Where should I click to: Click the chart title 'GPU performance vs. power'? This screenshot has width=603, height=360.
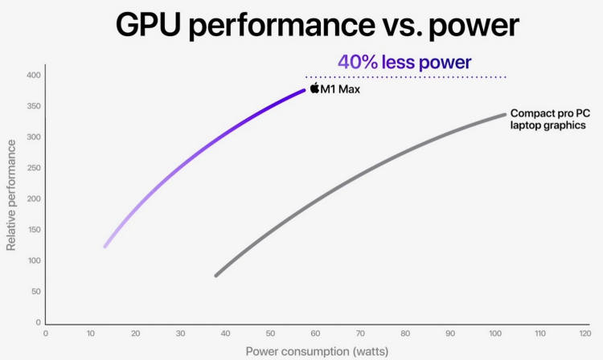pyautogui.click(x=317, y=26)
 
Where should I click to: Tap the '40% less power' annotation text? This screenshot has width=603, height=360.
pyautogui.click(x=404, y=62)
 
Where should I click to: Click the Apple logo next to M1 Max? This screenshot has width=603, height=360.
pyautogui.click(x=314, y=88)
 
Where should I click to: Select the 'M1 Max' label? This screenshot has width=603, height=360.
pyautogui.click(x=340, y=89)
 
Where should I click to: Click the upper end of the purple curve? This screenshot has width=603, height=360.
pyautogui.click(x=304, y=90)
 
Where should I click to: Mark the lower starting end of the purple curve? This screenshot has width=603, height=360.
pyautogui.click(x=105, y=246)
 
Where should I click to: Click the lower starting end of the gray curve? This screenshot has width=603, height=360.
pyautogui.click(x=216, y=275)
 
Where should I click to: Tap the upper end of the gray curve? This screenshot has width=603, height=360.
pyautogui.click(x=504, y=114)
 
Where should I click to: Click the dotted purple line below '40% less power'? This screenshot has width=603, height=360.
pyautogui.click(x=405, y=77)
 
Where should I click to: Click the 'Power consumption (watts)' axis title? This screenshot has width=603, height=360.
pyautogui.click(x=315, y=351)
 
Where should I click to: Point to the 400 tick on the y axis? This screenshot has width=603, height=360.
pyautogui.click(x=33, y=76)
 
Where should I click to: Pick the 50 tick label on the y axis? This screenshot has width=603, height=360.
pyautogui.click(x=35, y=292)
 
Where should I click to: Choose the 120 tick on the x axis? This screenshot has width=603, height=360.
pyautogui.click(x=585, y=333)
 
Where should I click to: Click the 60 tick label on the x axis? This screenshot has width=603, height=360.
pyautogui.click(x=315, y=333)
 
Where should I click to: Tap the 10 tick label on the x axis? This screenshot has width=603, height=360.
pyautogui.click(x=90, y=333)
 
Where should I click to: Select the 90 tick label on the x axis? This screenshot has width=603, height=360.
pyautogui.click(x=450, y=333)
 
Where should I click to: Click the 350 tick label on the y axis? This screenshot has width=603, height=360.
pyautogui.click(x=33, y=106)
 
